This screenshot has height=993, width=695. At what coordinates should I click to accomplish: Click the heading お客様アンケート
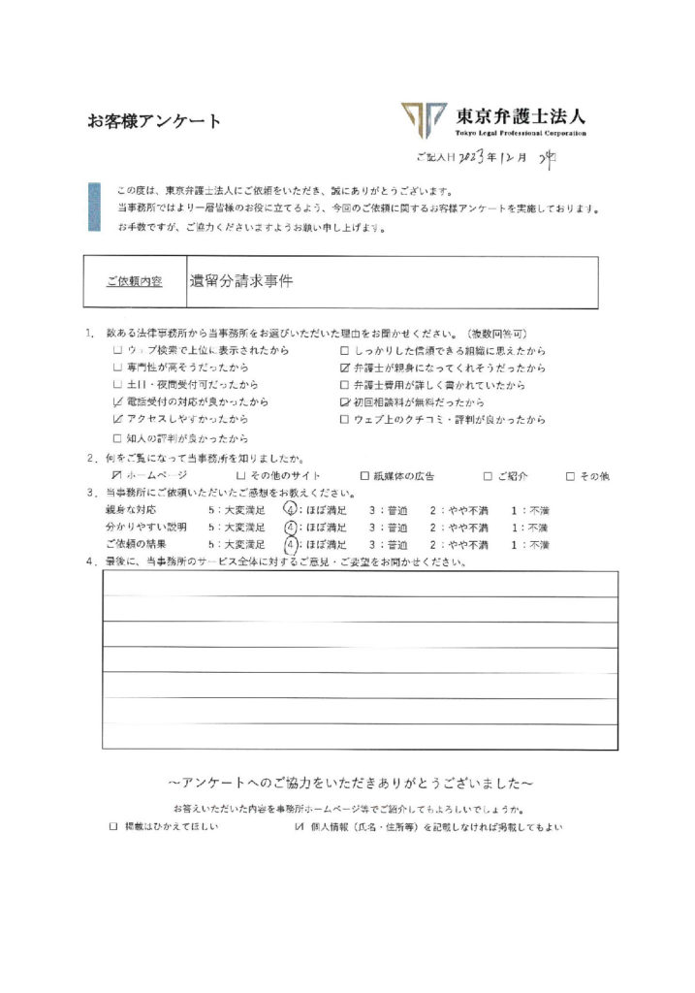154,122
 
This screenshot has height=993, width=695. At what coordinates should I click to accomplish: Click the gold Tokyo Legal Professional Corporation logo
424,119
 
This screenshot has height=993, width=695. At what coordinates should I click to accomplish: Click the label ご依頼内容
135,281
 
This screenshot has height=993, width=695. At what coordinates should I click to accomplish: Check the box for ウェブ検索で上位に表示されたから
117,350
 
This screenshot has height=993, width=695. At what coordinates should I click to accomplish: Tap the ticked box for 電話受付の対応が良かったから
117,402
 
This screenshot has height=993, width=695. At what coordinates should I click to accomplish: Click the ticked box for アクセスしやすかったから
117,420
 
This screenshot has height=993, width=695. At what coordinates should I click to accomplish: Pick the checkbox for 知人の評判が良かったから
117,437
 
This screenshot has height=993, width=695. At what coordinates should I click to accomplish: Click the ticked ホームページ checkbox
117,475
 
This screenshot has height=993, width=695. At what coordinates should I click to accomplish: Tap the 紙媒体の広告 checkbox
364,475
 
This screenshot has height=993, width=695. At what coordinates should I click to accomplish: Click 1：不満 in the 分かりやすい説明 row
530,528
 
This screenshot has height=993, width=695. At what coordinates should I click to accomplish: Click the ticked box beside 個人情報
299,827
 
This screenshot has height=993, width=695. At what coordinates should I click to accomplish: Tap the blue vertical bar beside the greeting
94,207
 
